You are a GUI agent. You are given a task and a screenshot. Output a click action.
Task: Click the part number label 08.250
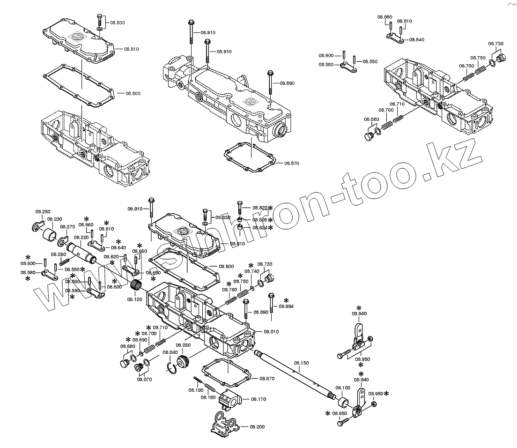(x=43, y=212)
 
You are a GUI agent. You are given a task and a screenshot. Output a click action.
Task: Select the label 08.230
(x=55, y=219)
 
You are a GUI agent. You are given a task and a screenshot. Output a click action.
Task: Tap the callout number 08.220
(x=81, y=238)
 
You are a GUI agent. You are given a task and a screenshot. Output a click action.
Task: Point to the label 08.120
(x=135, y=299)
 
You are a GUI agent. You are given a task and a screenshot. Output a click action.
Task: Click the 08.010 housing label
(x=271, y=331)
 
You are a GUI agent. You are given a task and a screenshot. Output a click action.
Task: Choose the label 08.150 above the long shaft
(x=302, y=363)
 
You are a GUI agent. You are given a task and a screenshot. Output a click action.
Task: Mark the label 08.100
(x=343, y=388)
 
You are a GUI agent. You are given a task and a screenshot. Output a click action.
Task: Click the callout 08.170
(x=258, y=399)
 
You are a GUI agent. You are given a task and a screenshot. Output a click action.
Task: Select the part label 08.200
(x=257, y=427)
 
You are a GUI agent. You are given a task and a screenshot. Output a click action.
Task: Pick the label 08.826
(x=259, y=219)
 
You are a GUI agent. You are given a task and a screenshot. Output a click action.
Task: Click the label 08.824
(x=259, y=227)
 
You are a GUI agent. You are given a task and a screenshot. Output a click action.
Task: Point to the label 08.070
(x=144, y=379)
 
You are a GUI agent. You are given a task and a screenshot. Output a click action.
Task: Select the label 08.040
(x=170, y=352)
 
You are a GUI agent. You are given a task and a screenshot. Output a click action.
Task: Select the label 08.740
(x=252, y=271)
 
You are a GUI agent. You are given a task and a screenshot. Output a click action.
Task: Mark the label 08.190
(x=196, y=390)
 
